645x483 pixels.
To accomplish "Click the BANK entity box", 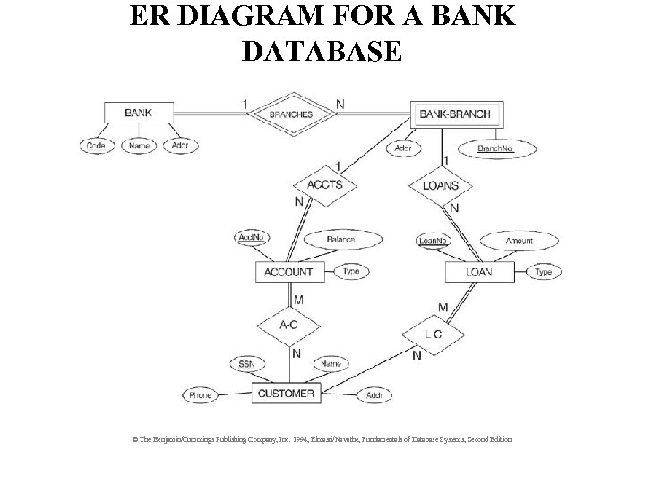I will tap(137, 114).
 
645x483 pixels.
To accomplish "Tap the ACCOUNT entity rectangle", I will tap(288, 272).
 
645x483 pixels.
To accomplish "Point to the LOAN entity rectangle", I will tap(478, 272).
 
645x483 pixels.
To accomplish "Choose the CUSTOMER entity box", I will tap(286, 394).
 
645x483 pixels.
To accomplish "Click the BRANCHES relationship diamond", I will tap(291, 114).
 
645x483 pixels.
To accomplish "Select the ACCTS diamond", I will tap(323, 185).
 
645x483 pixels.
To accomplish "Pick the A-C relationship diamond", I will tap(289, 326).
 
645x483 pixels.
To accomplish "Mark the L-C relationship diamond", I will tap(432, 335).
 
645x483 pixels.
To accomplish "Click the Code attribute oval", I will tap(96, 145).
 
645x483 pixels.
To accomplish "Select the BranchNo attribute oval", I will tap(495, 148).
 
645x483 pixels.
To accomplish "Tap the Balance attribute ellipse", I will tap(340, 240).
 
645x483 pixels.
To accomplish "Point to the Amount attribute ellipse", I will tap(519, 241).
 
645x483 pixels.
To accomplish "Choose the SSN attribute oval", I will tap(247, 364).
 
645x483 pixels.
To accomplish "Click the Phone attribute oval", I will tap(201, 394).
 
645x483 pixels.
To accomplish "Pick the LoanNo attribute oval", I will tap(434, 240).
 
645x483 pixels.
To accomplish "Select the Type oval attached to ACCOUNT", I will tap(350, 272).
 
